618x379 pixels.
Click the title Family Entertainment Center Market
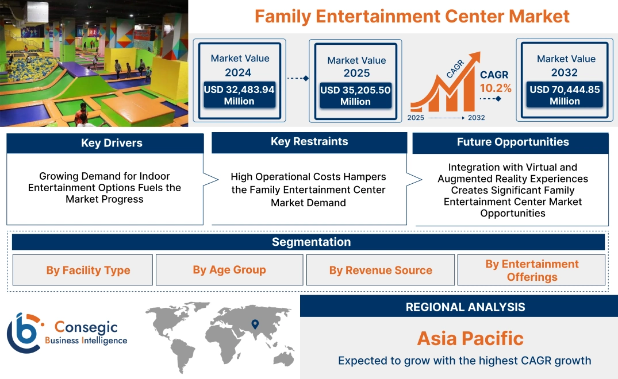coord(412,16)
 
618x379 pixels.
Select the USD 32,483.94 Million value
coord(239,95)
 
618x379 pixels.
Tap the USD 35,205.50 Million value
coord(355,96)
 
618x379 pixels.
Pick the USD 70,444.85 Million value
coord(565,95)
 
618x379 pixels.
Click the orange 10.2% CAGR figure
coord(496,88)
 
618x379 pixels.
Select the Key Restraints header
coord(309,142)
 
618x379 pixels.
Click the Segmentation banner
coord(311,242)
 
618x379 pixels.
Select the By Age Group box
coord(229,270)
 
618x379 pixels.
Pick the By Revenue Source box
coord(381,270)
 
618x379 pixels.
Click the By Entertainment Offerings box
coord(532,270)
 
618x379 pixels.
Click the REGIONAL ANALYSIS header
coord(465,307)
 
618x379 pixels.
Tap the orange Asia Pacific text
coord(470,338)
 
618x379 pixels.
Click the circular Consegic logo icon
coord(24,332)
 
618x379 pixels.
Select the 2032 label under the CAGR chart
coord(476,118)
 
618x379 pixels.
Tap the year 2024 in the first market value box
coord(238,72)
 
